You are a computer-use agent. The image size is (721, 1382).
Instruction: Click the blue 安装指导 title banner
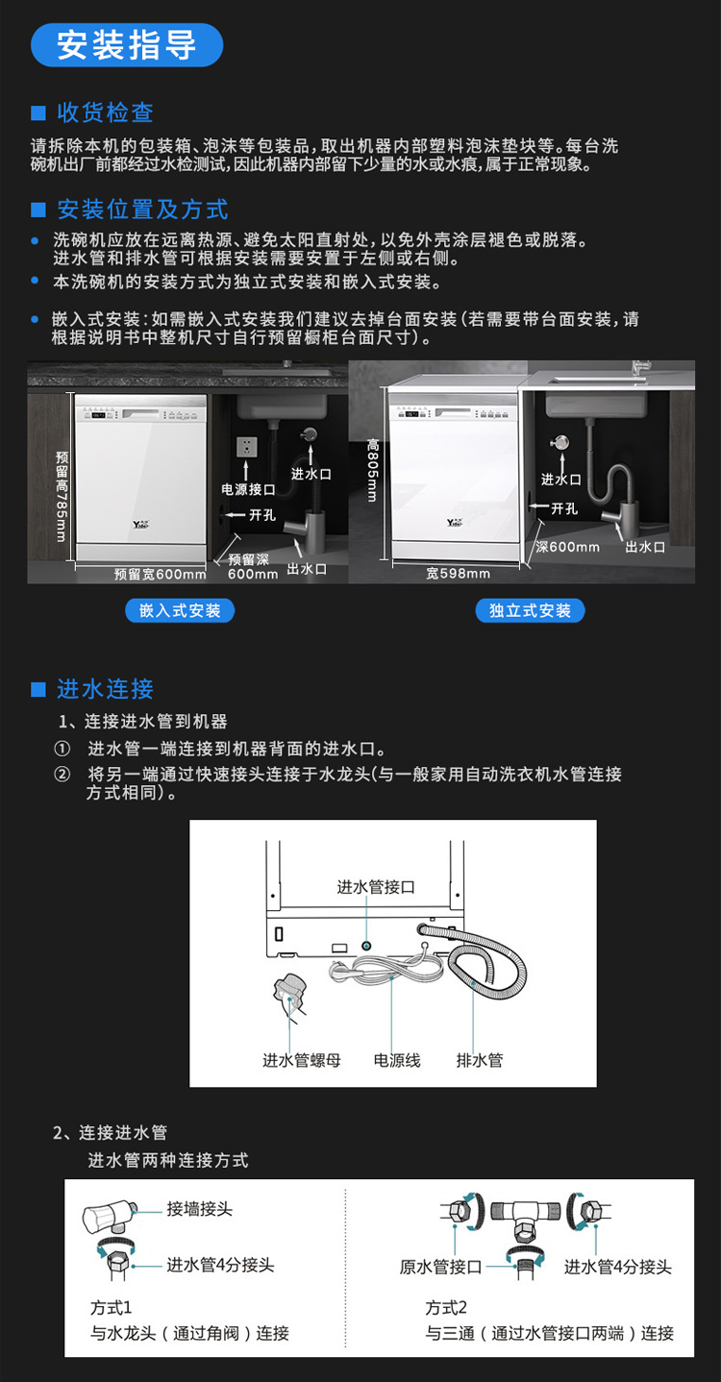[126, 45]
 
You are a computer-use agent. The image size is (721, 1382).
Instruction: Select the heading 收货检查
[105, 112]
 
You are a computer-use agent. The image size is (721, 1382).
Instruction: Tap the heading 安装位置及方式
[142, 209]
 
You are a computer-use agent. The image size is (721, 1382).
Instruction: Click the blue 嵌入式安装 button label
[180, 610]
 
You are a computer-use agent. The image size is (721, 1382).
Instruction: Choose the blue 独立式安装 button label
[530, 610]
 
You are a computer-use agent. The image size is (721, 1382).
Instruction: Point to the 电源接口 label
[249, 488]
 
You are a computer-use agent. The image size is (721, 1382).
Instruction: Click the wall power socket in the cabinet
[247, 449]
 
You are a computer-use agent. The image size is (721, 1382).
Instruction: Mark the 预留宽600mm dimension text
[160, 575]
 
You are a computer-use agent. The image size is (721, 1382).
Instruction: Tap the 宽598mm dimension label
[459, 574]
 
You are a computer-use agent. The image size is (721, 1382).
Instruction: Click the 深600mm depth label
[567, 547]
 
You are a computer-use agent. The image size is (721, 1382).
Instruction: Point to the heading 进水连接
[105, 689]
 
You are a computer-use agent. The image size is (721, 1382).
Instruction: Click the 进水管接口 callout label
[376, 887]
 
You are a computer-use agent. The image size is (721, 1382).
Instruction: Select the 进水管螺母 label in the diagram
[301, 1061]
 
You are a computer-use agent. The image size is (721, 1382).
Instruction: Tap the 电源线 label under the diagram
[397, 1061]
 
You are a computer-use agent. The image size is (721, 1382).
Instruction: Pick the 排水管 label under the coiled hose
[480, 1061]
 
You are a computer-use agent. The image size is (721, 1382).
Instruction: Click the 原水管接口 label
[440, 1267]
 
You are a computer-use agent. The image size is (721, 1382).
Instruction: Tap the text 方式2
[446, 1308]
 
